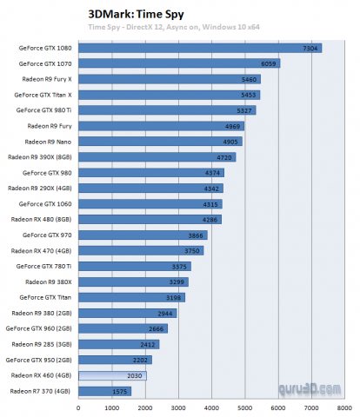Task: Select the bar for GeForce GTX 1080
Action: click(x=200, y=48)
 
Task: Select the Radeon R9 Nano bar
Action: click(x=160, y=142)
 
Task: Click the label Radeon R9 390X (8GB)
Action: click(x=40, y=157)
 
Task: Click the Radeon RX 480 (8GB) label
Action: click(x=42, y=220)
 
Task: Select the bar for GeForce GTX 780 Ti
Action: click(x=134, y=267)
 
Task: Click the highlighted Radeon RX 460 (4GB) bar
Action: click(x=112, y=375)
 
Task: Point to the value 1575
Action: click(x=120, y=391)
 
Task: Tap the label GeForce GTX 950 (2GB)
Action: click(x=39, y=360)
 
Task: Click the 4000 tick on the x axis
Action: click(x=211, y=407)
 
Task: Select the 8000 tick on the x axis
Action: click(x=343, y=407)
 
